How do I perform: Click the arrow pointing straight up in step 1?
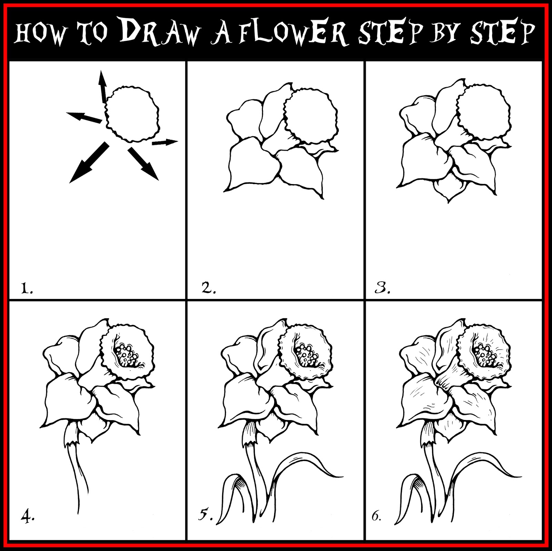click(102, 86)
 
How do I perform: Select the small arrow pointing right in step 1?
click(165, 142)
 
